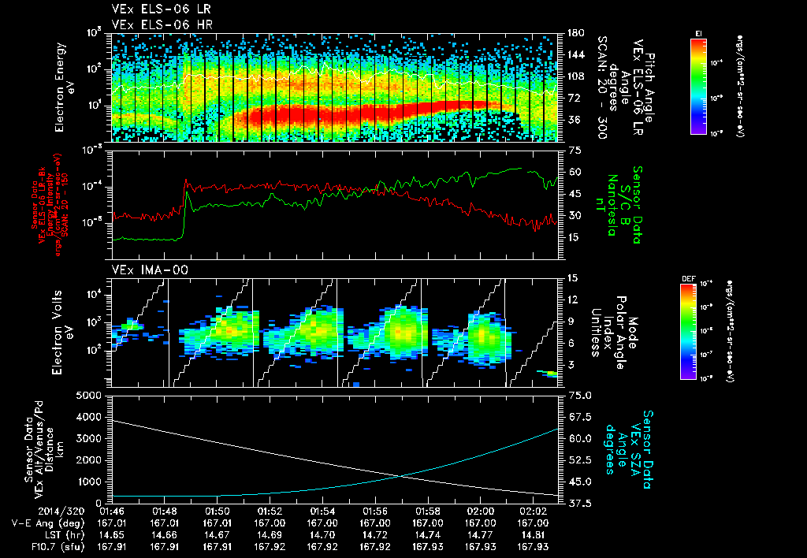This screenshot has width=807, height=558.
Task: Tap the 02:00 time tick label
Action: tap(480, 511)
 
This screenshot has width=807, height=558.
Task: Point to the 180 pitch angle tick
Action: tap(574, 33)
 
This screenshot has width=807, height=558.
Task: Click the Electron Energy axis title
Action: tap(62, 88)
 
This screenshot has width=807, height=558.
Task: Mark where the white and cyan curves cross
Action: tap(402, 474)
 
